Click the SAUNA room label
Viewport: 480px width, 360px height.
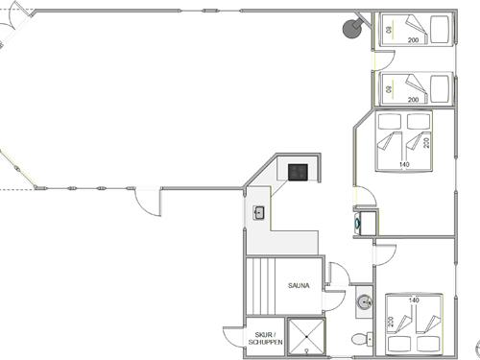[x=299, y=285]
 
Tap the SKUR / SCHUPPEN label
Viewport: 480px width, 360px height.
[x=266, y=338]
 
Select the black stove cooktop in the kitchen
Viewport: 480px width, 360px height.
[x=298, y=172]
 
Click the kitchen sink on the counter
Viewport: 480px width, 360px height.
[x=258, y=213]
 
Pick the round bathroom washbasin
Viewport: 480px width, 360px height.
[x=365, y=301]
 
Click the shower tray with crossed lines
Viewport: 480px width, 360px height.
[x=306, y=336]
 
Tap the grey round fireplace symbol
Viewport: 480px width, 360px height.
[x=352, y=29]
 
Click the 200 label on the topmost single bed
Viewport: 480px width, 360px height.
[x=413, y=40]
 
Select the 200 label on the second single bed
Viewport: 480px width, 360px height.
[x=413, y=100]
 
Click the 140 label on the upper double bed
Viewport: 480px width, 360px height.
[x=404, y=164]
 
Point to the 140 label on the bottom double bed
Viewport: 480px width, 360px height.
[x=414, y=300]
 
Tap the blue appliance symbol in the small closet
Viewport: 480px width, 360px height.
[x=357, y=222]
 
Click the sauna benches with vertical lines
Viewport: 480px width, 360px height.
[x=261, y=286]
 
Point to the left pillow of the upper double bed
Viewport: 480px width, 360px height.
[x=390, y=121]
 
